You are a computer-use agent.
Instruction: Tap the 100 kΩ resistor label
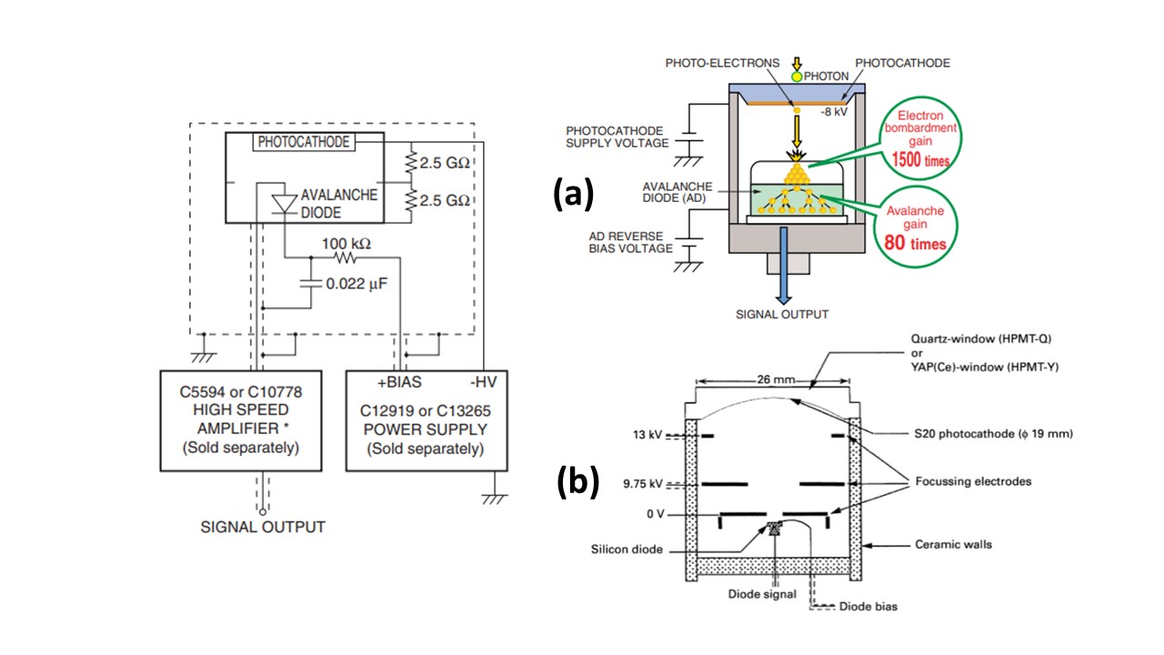(x=347, y=244)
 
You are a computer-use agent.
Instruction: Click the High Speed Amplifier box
(x=241, y=419)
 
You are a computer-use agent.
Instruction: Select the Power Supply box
(x=426, y=419)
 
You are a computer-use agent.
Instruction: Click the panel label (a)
(x=575, y=194)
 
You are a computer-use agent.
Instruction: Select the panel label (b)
(x=577, y=482)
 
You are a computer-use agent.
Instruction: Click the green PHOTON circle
(x=796, y=77)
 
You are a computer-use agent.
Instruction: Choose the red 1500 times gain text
(x=924, y=161)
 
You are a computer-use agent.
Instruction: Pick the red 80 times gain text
(x=916, y=243)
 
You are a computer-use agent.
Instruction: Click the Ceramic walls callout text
(x=953, y=545)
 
